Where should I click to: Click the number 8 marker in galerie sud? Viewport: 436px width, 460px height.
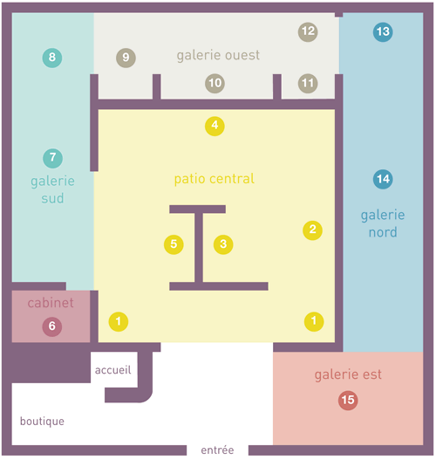coord(52,58)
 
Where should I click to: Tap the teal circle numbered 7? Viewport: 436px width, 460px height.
coord(52,158)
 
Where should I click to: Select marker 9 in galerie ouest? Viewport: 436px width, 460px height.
coord(126,58)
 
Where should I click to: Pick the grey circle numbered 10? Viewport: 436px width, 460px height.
coord(215,83)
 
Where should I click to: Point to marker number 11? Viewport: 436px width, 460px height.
coord(308,83)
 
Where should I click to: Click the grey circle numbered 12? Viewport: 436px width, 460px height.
coord(308,32)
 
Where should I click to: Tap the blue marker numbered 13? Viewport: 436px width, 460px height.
coord(383,32)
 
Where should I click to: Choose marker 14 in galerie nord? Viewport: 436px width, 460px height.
coord(383,179)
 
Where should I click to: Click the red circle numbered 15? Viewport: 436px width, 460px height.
coord(348,400)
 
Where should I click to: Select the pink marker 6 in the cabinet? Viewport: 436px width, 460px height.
coord(52,326)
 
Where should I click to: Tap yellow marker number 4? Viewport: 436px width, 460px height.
coord(215,127)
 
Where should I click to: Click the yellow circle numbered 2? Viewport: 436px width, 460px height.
coord(313,230)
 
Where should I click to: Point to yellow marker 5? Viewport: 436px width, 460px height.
coord(174,244)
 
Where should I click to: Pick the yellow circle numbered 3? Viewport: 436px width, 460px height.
coord(223,244)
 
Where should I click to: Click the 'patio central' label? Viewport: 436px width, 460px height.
coord(215,179)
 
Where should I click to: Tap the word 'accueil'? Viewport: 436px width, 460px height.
coord(113,370)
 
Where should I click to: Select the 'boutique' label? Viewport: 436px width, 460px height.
coord(42,422)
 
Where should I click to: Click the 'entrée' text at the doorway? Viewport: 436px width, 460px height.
coord(217,450)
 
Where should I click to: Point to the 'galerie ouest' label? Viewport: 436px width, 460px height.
coord(218,56)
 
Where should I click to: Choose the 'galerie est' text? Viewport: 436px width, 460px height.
coord(348,375)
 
